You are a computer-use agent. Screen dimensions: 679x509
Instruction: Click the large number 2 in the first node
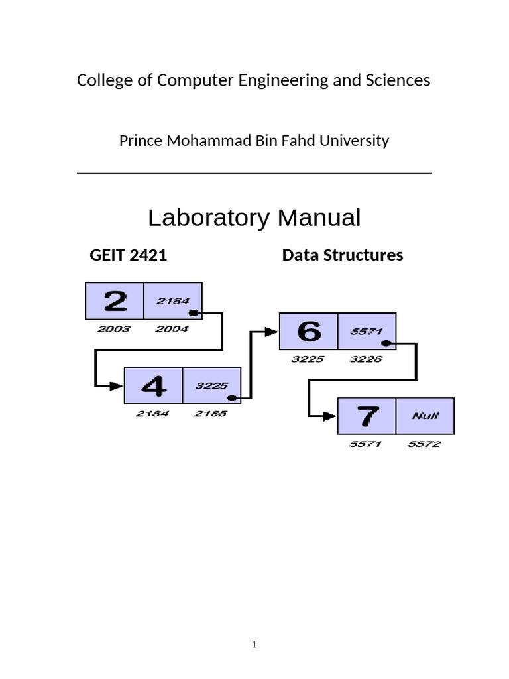pos(115,301)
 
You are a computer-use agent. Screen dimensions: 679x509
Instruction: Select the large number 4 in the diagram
pos(153,385)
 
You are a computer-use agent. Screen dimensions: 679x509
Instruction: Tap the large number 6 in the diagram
pos(308,331)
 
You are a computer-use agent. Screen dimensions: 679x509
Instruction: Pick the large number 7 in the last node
pos(367,416)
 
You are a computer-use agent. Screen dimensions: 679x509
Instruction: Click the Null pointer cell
pos(425,416)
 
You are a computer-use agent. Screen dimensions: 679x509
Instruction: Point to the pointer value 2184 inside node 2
pos(173,301)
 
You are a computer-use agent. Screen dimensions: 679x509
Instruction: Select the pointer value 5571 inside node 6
pos(367,331)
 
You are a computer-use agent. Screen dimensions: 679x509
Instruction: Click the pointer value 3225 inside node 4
pos(212,385)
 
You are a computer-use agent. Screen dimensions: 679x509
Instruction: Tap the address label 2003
pos(114,329)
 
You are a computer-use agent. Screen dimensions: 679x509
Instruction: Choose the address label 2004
pos(172,329)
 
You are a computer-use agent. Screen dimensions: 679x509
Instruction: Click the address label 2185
pos(210,414)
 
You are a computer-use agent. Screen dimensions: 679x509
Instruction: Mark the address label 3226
pos(366,359)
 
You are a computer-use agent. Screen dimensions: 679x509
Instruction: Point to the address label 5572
pos(424,444)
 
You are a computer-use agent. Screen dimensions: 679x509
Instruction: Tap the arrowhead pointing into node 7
pos(330,416)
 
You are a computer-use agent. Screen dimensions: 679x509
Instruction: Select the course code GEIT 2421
pos(128,255)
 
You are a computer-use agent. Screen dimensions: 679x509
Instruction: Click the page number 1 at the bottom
pos(254,644)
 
